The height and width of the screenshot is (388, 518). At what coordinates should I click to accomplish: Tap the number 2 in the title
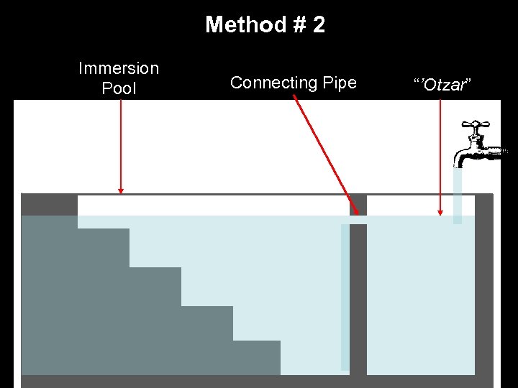[319, 25]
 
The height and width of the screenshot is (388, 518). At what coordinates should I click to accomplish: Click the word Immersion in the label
[119, 69]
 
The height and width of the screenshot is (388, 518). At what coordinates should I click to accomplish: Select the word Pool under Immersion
[119, 89]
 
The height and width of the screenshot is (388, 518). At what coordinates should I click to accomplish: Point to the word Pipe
[340, 83]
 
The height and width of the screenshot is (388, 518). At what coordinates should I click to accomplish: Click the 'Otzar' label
[442, 85]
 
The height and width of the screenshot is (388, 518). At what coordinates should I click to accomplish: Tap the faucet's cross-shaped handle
[476, 126]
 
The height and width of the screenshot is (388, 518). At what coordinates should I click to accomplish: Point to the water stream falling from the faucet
[458, 194]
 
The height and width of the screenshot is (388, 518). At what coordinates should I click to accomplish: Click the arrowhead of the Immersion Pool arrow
[121, 190]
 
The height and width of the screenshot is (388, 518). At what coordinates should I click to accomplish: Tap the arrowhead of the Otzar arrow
[440, 212]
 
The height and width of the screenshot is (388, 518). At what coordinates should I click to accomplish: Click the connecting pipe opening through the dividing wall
[358, 220]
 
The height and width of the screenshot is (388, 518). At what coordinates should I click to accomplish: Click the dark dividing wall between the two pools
[358, 302]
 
